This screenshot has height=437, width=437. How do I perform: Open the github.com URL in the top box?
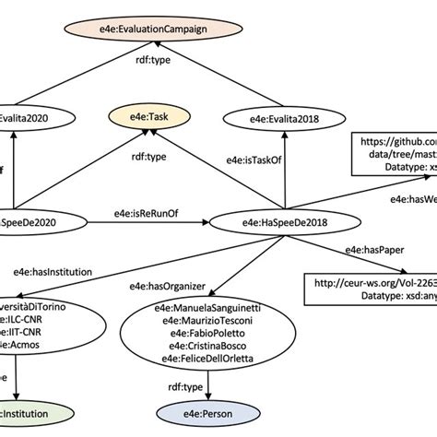click(398, 145)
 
